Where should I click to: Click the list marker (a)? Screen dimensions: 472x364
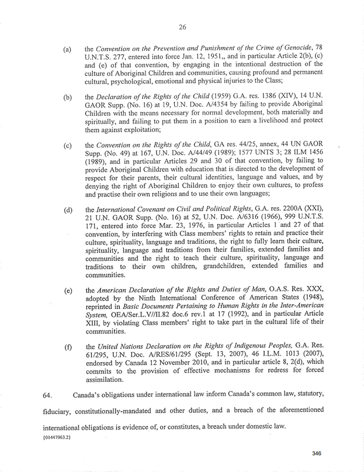coord(68,50)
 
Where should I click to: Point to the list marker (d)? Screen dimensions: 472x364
coord(68,210)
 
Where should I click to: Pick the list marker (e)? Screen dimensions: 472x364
coord(68,290)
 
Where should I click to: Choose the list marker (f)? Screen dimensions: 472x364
coord(68,348)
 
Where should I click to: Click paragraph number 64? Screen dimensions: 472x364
coord(48,396)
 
